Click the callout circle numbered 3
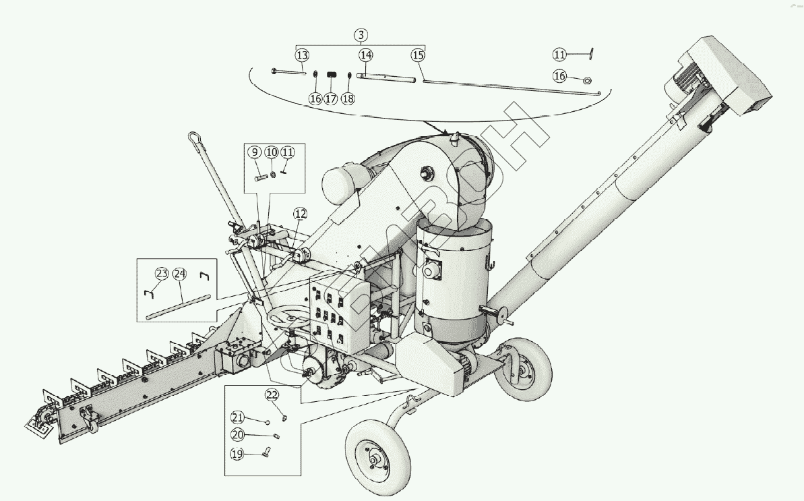coord(361,35)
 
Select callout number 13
coord(302,55)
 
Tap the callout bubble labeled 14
coord(366,55)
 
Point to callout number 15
coord(419,55)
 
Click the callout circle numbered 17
coord(331,98)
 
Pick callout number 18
coord(348,98)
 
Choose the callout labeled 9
coord(255,152)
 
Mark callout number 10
coord(271,152)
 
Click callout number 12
coord(300,214)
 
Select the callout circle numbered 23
coord(162,274)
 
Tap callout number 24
coord(179,274)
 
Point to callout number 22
coord(272,394)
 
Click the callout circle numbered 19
coord(237,454)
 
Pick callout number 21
coord(237,417)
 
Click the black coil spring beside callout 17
coord(332,75)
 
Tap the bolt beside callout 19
coord(266,452)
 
